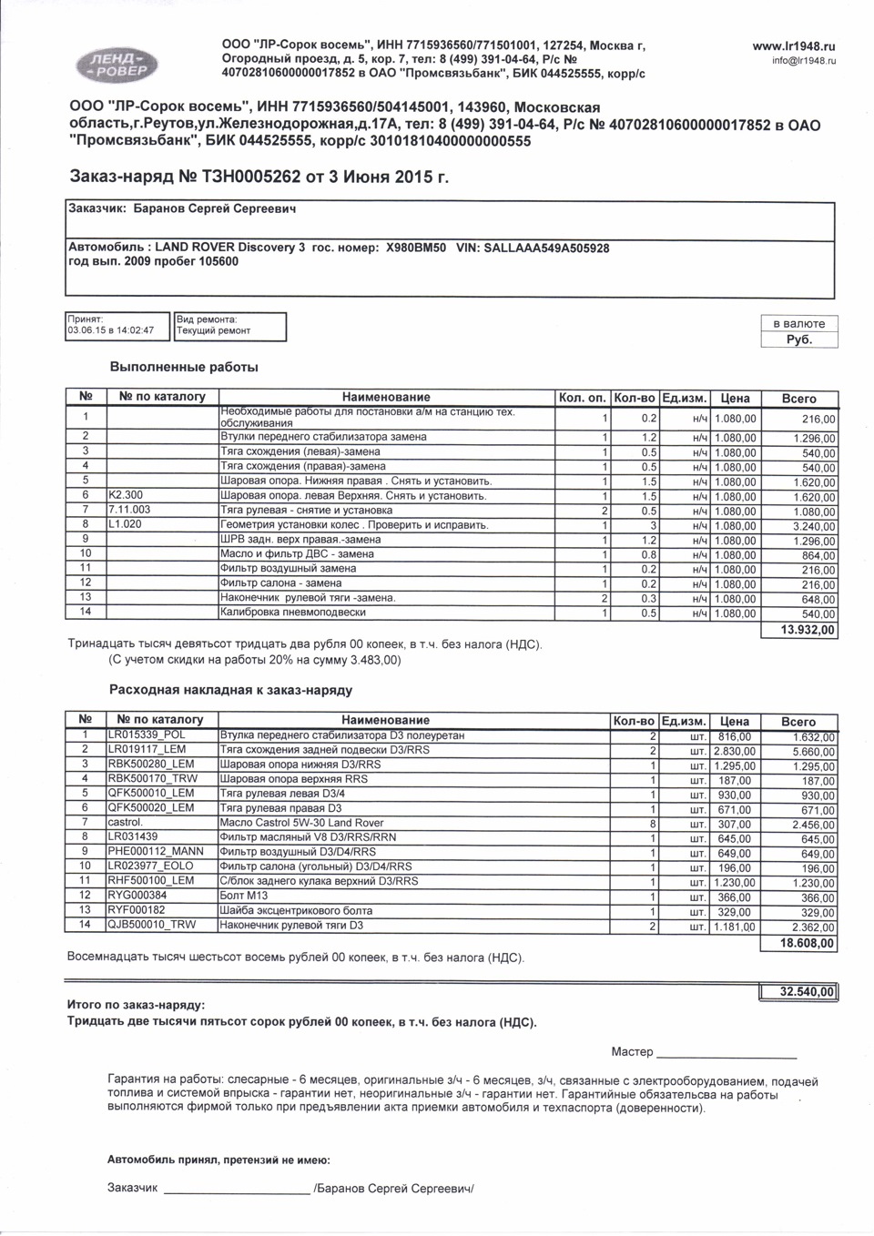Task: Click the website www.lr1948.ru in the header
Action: tap(794, 46)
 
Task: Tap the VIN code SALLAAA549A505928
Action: tap(546, 248)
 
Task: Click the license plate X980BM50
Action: tap(416, 248)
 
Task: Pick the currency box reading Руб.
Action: tap(798, 339)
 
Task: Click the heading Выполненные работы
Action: tap(184, 367)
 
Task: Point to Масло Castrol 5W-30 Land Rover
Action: tap(302, 823)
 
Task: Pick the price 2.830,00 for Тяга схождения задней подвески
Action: tap(734, 751)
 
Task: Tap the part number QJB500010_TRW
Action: tap(152, 926)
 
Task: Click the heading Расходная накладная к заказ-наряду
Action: tap(230, 690)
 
